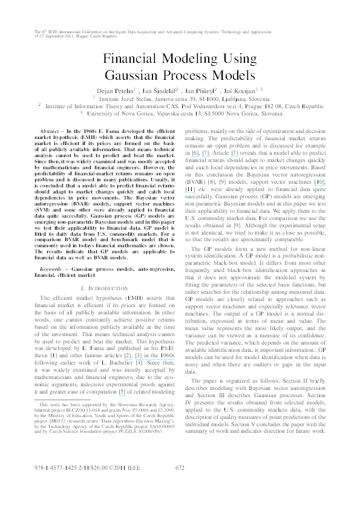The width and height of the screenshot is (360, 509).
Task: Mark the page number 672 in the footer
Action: click(180, 467)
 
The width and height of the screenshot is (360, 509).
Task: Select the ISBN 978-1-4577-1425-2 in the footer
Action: click(57, 467)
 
